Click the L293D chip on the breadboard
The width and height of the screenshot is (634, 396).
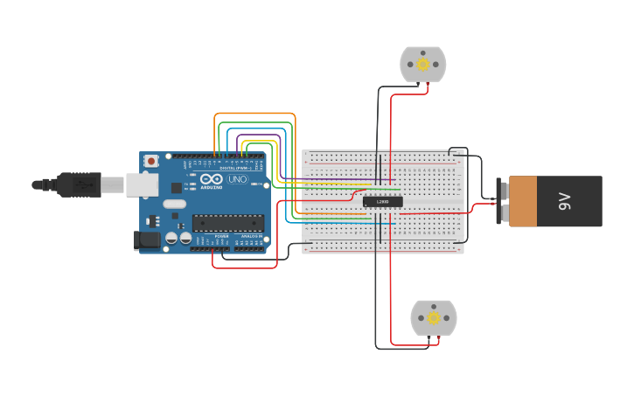383,202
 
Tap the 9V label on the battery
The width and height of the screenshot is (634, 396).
564,202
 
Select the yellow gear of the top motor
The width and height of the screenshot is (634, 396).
423,65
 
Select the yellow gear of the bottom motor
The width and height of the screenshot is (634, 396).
434,318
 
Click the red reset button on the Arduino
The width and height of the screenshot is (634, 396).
151,161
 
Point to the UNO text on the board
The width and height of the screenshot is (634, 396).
238,179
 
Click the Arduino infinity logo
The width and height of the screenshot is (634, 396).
211,180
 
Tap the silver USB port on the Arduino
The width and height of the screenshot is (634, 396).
142,184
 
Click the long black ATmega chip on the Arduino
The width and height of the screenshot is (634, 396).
227,223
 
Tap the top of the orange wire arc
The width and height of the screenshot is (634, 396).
254,114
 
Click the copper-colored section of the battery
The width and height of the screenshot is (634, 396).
523,202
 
